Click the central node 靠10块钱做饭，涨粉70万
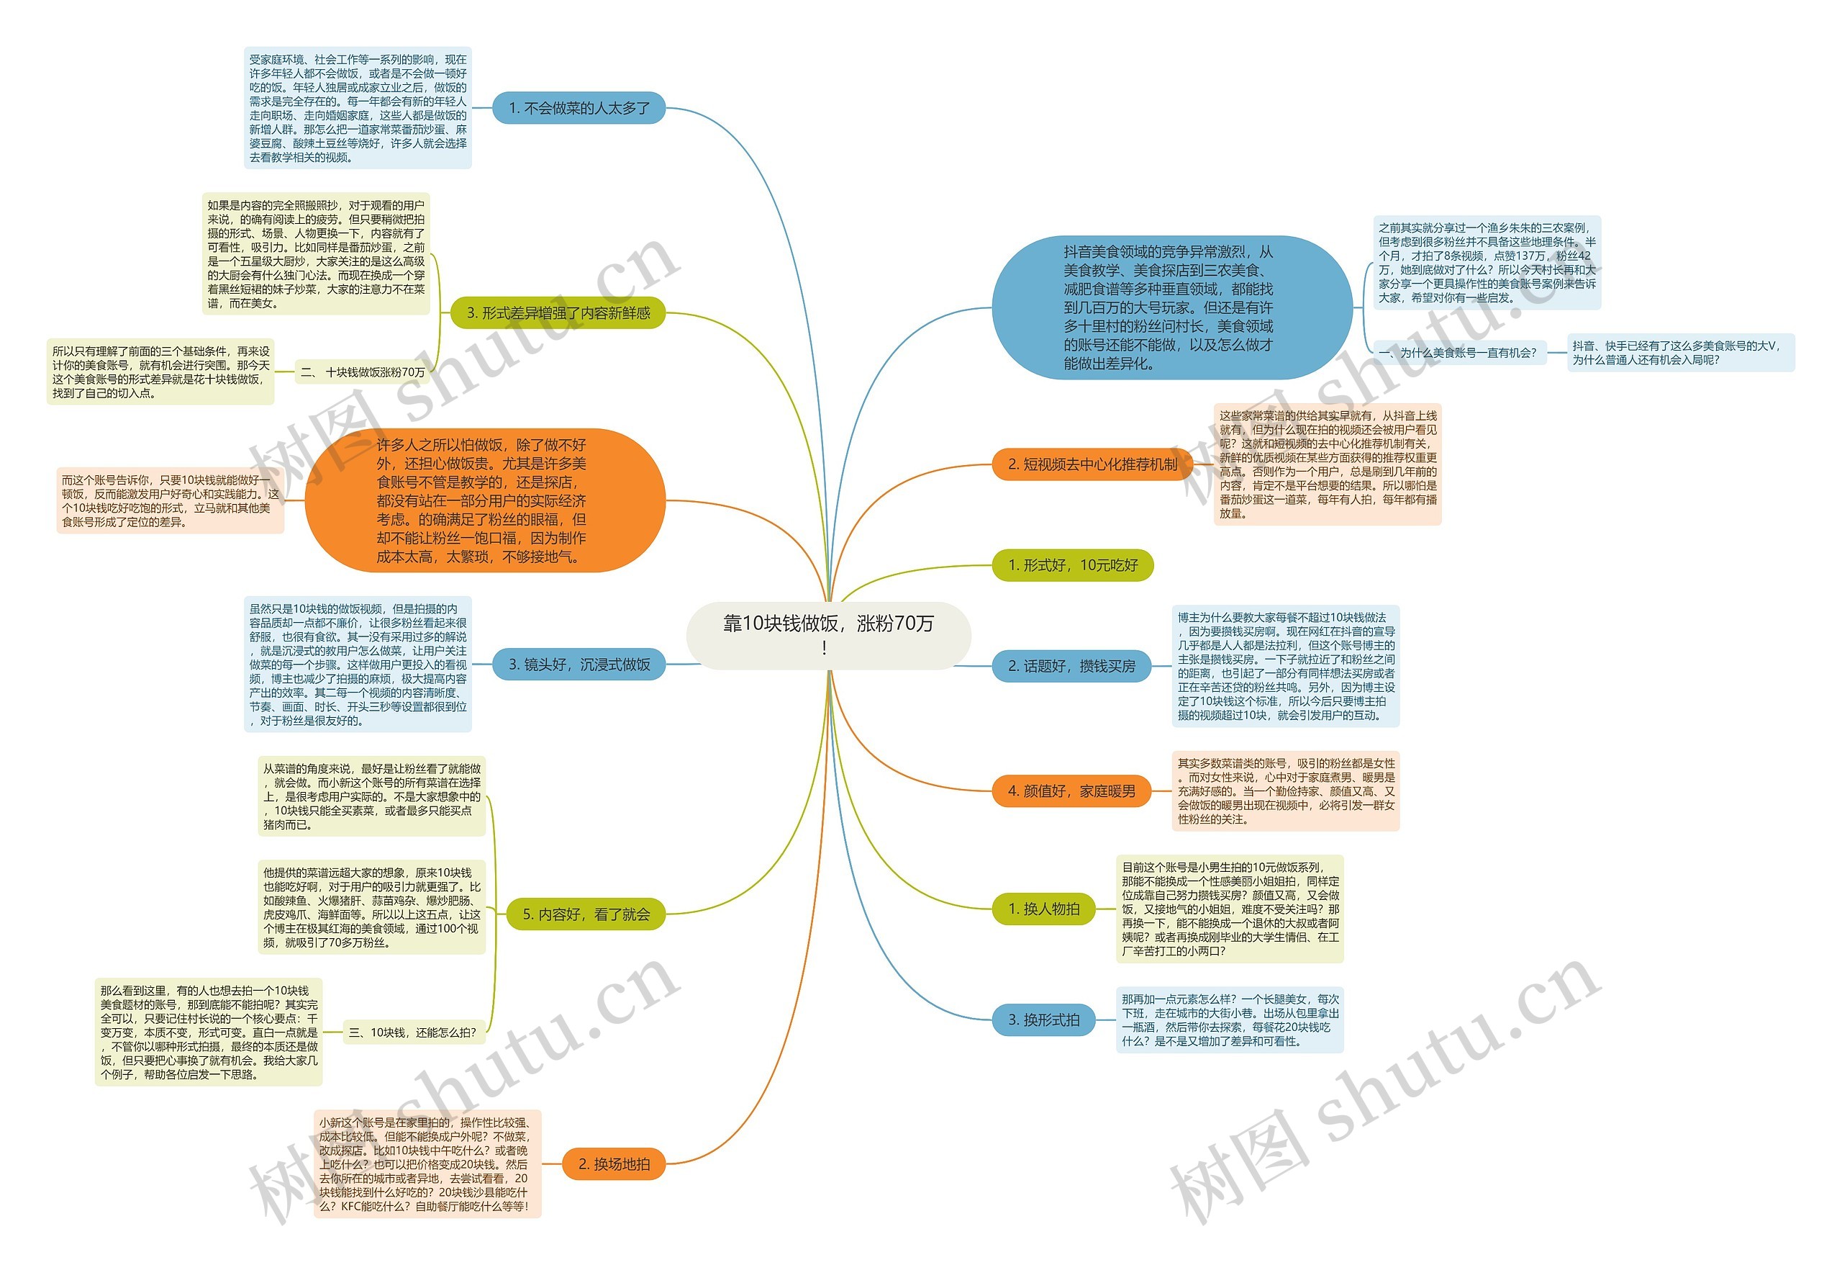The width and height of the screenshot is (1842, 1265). pos(828,634)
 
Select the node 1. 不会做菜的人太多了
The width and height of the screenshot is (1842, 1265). pos(579,108)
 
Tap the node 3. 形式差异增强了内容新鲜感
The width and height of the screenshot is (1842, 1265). pos(558,313)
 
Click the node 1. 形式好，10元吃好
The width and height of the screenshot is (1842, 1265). pos(1072,564)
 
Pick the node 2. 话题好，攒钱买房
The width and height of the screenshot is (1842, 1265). pos(1071,666)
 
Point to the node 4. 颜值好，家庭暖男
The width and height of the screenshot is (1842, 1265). pos(1071,791)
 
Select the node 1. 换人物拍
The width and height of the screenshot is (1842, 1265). pos(1043,909)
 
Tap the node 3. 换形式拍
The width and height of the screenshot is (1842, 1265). pos(1043,1020)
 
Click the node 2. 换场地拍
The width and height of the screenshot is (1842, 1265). pos(614,1164)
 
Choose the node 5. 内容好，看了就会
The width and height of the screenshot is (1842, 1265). pos(586,914)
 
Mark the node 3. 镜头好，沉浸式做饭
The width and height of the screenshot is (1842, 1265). pos(579,665)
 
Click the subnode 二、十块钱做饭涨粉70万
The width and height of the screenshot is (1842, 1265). pos(362,372)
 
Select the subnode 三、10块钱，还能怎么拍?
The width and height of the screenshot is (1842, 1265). pos(412,1032)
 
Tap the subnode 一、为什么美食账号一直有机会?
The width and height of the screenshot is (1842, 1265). pos(1457,353)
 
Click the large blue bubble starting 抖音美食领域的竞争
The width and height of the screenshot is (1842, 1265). pos(1171,307)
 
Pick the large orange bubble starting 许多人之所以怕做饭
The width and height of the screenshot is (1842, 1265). pos(484,500)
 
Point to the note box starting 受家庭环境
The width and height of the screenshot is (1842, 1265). pos(358,108)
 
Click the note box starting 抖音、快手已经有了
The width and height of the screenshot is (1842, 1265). pos(1680,353)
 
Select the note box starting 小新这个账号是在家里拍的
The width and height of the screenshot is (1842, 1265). pos(427,1164)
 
